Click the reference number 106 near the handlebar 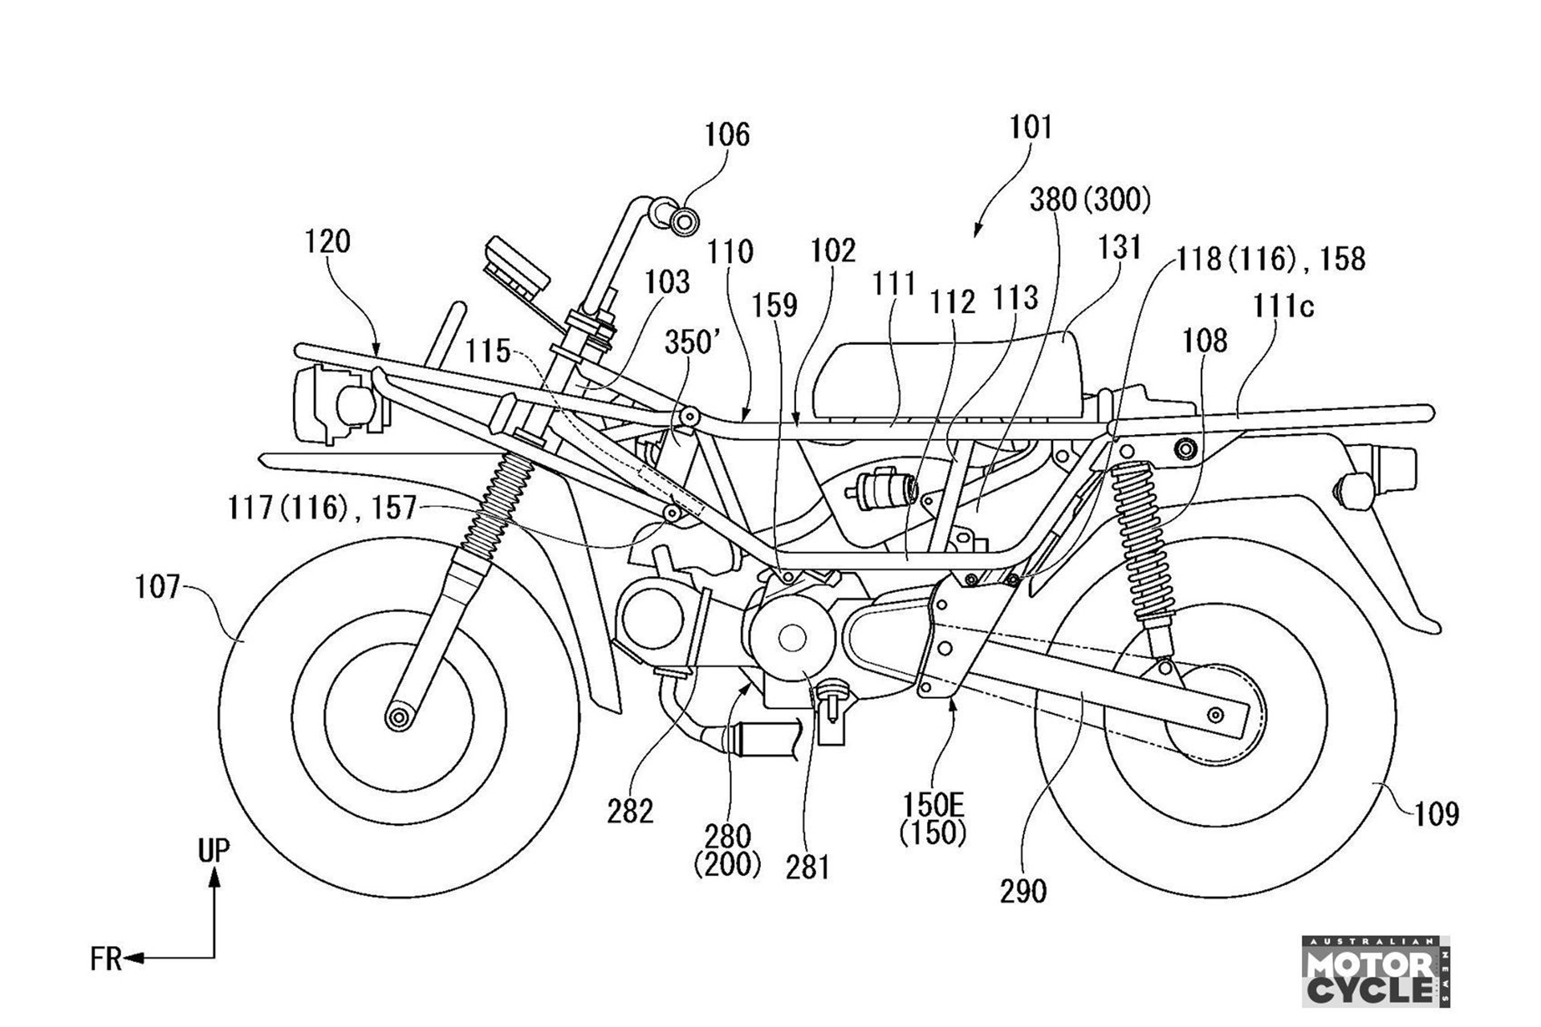(727, 135)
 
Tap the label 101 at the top (1031, 127)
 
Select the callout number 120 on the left (327, 241)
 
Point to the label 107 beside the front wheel (158, 587)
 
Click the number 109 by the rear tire (1436, 814)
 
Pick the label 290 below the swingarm (1023, 891)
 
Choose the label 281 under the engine (807, 867)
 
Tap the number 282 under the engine (630, 812)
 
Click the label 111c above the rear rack (1282, 306)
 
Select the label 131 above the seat (1119, 248)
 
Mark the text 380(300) (1090, 200)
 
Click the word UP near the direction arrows (213, 850)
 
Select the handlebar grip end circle (683, 221)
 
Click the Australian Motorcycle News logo (1376, 972)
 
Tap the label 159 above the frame (775, 306)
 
